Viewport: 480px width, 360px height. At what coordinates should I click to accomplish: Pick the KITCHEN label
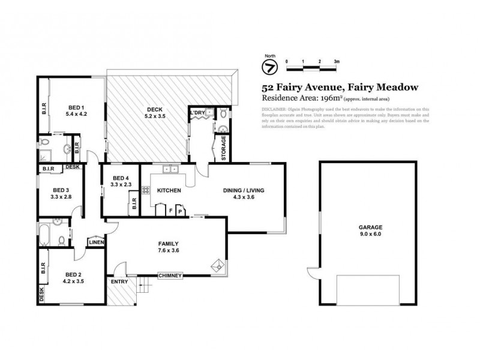click(x=169, y=190)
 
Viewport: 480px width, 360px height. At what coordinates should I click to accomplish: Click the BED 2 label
click(x=73, y=276)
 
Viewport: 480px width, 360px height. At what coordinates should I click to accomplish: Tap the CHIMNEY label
click(x=170, y=276)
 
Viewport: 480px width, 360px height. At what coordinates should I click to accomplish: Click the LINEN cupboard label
click(x=97, y=242)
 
